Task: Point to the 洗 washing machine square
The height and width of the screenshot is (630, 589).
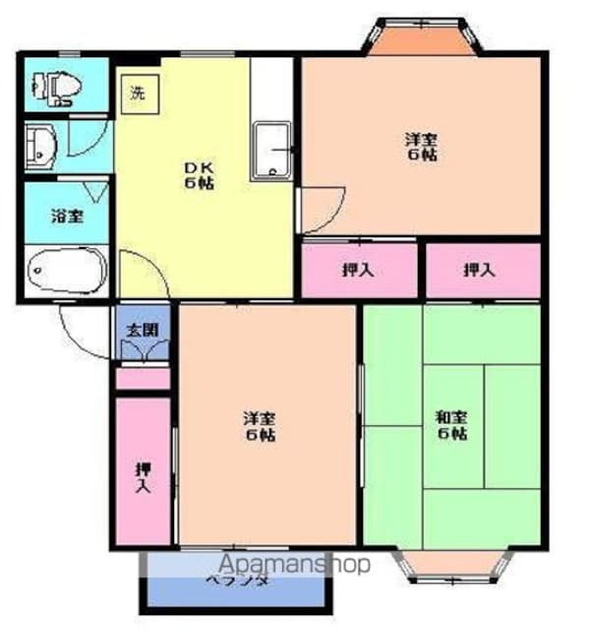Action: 138,94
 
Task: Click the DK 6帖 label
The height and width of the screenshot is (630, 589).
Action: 201,174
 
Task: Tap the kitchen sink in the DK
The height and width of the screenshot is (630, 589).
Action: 272,151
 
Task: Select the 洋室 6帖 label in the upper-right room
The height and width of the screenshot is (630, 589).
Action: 420,146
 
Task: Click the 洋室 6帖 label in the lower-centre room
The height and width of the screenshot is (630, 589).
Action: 260,426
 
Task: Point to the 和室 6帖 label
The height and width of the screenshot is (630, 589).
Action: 451,425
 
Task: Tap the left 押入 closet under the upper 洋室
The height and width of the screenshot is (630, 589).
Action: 357,269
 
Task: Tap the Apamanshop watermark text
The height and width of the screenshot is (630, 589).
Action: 294,565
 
